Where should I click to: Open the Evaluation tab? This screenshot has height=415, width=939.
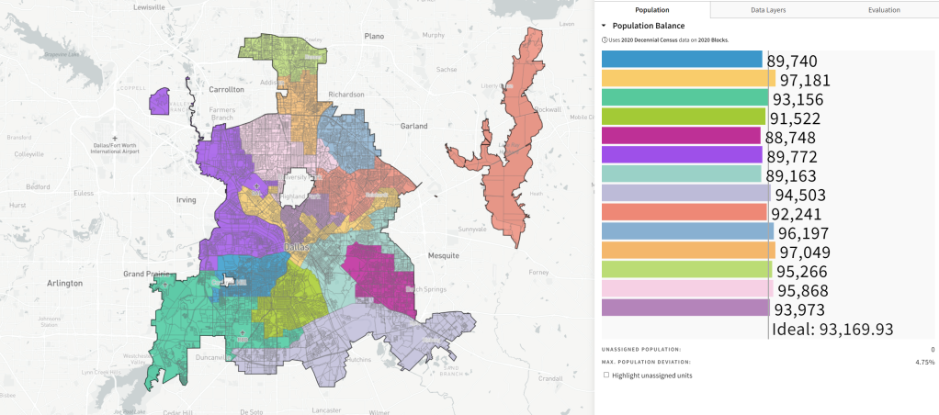[883, 9]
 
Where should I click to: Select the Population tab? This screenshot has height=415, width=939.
[651, 9]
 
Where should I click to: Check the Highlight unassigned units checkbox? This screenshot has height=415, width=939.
[606, 376]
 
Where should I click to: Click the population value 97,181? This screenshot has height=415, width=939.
[808, 81]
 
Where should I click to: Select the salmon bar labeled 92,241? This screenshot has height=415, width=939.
[684, 212]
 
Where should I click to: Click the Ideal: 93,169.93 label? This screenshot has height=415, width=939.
[832, 329]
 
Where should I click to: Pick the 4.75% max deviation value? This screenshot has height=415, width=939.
[924, 363]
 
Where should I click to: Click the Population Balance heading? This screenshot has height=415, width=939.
[648, 26]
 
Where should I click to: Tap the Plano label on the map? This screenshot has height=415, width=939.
[373, 36]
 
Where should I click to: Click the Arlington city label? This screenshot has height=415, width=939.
[65, 284]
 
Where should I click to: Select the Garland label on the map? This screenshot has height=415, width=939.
[414, 125]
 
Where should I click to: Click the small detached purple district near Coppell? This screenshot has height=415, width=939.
[160, 101]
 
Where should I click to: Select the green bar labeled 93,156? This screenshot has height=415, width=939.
[684, 98]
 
